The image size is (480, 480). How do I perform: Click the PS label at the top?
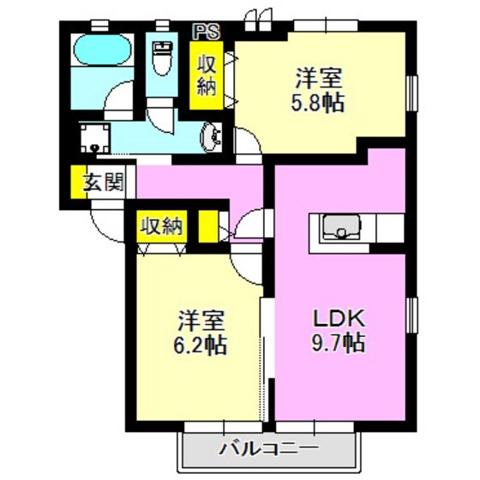click(x=206, y=32)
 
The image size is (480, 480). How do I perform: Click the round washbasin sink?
click(x=211, y=135)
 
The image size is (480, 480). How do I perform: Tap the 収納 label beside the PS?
click(x=207, y=75)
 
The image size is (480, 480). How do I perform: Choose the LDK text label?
click(x=339, y=318)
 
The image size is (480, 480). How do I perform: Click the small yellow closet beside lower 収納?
click(x=207, y=226)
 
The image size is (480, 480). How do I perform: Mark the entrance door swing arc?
click(x=105, y=225)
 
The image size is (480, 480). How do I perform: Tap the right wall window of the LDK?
click(x=410, y=319)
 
